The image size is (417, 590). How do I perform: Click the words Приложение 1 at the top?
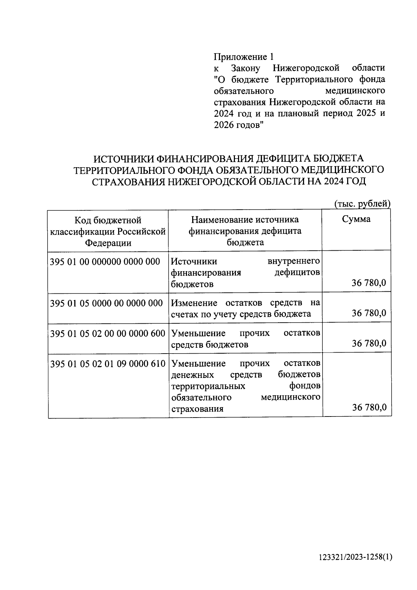click(244, 57)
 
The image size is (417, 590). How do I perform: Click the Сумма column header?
click(356, 219)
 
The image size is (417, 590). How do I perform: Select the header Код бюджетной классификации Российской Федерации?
click(108, 231)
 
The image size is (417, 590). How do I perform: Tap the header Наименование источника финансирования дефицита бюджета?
click(245, 231)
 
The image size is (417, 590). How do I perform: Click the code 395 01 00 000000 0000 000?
click(105, 261)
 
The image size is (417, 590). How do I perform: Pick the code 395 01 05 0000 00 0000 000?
click(106, 303)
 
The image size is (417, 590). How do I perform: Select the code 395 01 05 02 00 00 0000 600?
click(108, 333)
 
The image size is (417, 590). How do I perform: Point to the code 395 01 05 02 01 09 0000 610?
click(108, 364)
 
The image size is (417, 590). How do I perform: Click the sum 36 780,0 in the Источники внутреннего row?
click(369, 283)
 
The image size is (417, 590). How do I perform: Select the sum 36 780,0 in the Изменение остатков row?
click(369, 313)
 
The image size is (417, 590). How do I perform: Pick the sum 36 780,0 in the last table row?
click(369, 407)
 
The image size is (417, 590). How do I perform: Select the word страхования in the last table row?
click(197, 409)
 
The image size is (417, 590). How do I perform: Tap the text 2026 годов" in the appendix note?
click(239, 125)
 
